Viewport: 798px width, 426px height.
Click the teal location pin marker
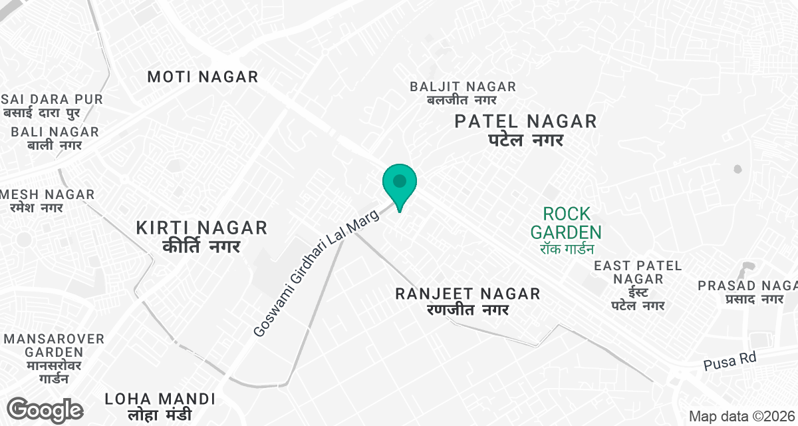[x=399, y=183]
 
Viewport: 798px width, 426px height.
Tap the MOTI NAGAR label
[x=202, y=77]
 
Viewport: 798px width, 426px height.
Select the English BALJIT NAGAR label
[x=463, y=87]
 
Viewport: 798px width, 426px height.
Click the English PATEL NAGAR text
[x=525, y=121]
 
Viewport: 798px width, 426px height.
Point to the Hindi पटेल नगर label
[x=525, y=140]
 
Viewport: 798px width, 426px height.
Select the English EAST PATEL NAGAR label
[x=638, y=272]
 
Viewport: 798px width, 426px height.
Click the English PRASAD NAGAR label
[x=747, y=286]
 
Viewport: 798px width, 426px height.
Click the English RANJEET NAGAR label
[x=467, y=294]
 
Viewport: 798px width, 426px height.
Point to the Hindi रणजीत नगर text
[x=467, y=310]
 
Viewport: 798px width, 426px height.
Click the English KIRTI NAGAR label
[x=201, y=228]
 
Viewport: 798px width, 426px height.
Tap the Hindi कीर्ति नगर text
[x=201, y=247]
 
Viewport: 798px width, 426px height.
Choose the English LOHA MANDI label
[x=160, y=399]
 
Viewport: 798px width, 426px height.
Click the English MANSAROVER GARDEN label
[x=54, y=345]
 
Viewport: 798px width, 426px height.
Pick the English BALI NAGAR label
[x=55, y=132]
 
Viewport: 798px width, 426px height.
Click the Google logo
[x=45, y=409]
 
